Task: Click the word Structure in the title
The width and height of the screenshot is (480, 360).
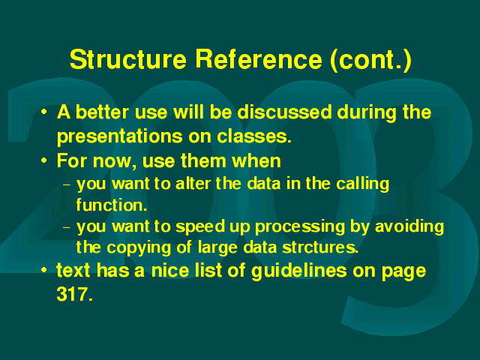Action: [128, 59]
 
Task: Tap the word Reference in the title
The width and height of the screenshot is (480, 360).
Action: [259, 59]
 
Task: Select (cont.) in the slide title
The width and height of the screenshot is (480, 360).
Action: [371, 60]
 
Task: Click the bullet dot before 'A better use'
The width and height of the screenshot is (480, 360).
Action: [44, 112]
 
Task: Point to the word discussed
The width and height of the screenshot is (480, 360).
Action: [285, 112]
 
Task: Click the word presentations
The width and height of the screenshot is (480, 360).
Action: [120, 136]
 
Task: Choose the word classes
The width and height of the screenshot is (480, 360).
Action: [254, 136]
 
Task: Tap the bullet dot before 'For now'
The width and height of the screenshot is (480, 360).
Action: [44, 160]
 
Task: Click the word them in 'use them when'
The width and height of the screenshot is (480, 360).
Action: [203, 160]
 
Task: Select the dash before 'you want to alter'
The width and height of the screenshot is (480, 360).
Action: [67, 185]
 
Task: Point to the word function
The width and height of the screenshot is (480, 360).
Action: [112, 205]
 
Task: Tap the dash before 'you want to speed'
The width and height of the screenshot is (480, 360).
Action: [67, 227]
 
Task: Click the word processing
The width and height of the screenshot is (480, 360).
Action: [300, 227]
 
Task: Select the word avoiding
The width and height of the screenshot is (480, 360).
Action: [409, 226]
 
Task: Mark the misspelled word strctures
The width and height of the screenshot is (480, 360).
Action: [320, 247]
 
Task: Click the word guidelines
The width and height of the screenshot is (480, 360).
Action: [298, 271]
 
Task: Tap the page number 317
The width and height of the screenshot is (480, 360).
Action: [74, 295]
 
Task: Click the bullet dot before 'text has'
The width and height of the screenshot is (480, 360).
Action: [44, 270]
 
